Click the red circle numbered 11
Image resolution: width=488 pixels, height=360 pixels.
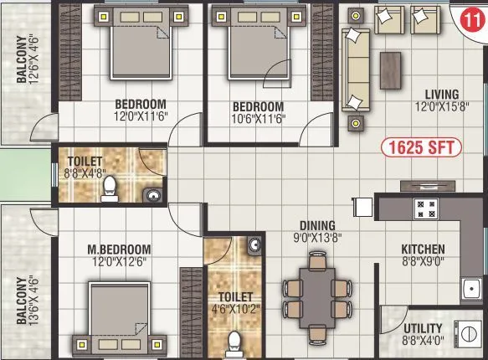pyautogui.click(x=471, y=16)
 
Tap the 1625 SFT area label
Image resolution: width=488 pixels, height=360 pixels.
pyautogui.click(x=422, y=147)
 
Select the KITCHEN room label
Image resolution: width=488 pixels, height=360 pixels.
pyautogui.click(x=423, y=249)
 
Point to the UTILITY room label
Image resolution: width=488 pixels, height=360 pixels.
pyautogui.click(x=422, y=328)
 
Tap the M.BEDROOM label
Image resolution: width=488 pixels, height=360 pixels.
pyautogui.click(x=119, y=249)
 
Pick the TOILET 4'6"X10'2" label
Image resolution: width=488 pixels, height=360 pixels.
pyautogui.click(x=234, y=302)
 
